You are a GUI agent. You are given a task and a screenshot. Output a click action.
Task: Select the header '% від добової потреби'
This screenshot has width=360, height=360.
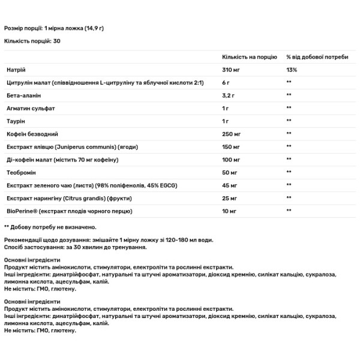[317, 56]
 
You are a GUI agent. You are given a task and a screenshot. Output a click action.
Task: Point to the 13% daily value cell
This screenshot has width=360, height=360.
[292, 70]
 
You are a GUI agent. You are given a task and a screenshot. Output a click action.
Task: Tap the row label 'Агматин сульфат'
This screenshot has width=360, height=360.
[30, 108]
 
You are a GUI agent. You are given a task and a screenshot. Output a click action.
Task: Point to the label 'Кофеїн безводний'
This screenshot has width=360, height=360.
[32, 133]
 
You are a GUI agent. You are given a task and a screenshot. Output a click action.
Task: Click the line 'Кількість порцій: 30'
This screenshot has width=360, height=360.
[32, 41]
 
